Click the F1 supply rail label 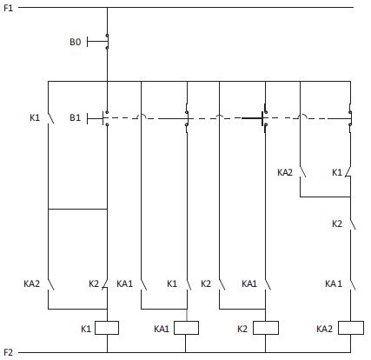pyautogui.click(x=8, y=8)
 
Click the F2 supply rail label pyautogui.click(x=8, y=352)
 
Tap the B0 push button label pyautogui.click(x=75, y=42)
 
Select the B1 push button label pyautogui.click(x=75, y=117)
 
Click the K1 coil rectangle pyautogui.click(x=107, y=328)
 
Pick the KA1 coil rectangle pyautogui.click(x=186, y=328)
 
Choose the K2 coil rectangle pyautogui.click(x=266, y=328)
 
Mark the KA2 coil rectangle pyautogui.click(x=351, y=328)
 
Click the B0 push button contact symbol pyautogui.click(x=98, y=41)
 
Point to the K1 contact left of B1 pyautogui.click(x=50, y=118)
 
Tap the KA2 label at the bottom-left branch pyautogui.click(x=31, y=283)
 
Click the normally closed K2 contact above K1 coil pyautogui.click(x=105, y=284)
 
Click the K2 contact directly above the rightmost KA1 pyautogui.click(x=353, y=224)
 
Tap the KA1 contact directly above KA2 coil pyautogui.click(x=353, y=284)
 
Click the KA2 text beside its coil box pyautogui.click(x=324, y=329)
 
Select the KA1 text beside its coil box pyautogui.click(x=162, y=329)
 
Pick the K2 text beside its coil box pyautogui.click(x=242, y=329)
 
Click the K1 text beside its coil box pyautogui.click(x=86, y=329)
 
